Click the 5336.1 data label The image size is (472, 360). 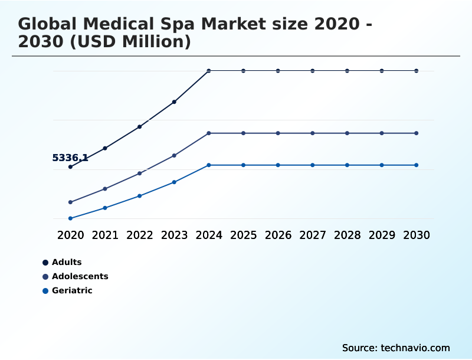pos(70,158)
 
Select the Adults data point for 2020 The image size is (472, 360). pos(70,167)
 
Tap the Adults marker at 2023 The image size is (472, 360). pos(174,102)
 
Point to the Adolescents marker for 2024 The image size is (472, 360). pos(209,133)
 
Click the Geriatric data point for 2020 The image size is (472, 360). pos(70,218)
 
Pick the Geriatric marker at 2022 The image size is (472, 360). pos(140,196)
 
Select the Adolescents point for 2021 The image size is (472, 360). pos(105,189)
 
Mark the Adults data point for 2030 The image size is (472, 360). pos(417,71)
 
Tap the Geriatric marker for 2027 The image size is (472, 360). pos(313,165)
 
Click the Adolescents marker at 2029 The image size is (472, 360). pos(382,133)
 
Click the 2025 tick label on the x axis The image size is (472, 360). pos(243,235)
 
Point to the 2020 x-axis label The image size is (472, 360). pos(70,235)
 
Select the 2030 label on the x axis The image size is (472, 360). pos(417,235)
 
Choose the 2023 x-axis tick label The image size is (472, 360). pos(174,235)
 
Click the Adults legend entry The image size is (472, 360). pos(67,262)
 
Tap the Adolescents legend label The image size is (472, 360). pos(80,276)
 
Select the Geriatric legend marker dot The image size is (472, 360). pos(45,291)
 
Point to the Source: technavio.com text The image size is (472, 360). pos(396,348)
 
